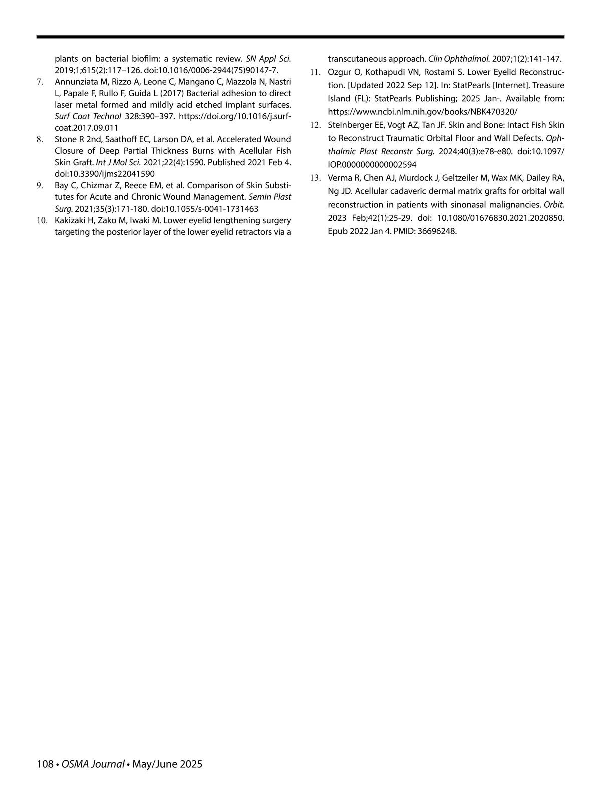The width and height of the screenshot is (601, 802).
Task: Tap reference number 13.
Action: click(315, 178)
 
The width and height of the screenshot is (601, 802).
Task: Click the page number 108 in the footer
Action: click(45, 764)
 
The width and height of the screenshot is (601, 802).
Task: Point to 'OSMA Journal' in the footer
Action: click(93, 764)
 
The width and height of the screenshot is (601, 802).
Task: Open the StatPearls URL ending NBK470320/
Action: click(423, 112)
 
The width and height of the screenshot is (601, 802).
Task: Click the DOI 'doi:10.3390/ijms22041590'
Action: click(105, 174)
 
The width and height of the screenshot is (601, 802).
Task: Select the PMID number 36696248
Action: click(439, 231)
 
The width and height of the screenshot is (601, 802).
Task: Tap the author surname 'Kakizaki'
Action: click(71, 220)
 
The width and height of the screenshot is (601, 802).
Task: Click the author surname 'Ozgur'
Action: click(339, 72)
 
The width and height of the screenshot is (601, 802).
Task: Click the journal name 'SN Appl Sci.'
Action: click(268, 58)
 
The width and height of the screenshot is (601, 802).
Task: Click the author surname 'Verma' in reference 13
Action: click(339, 178)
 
